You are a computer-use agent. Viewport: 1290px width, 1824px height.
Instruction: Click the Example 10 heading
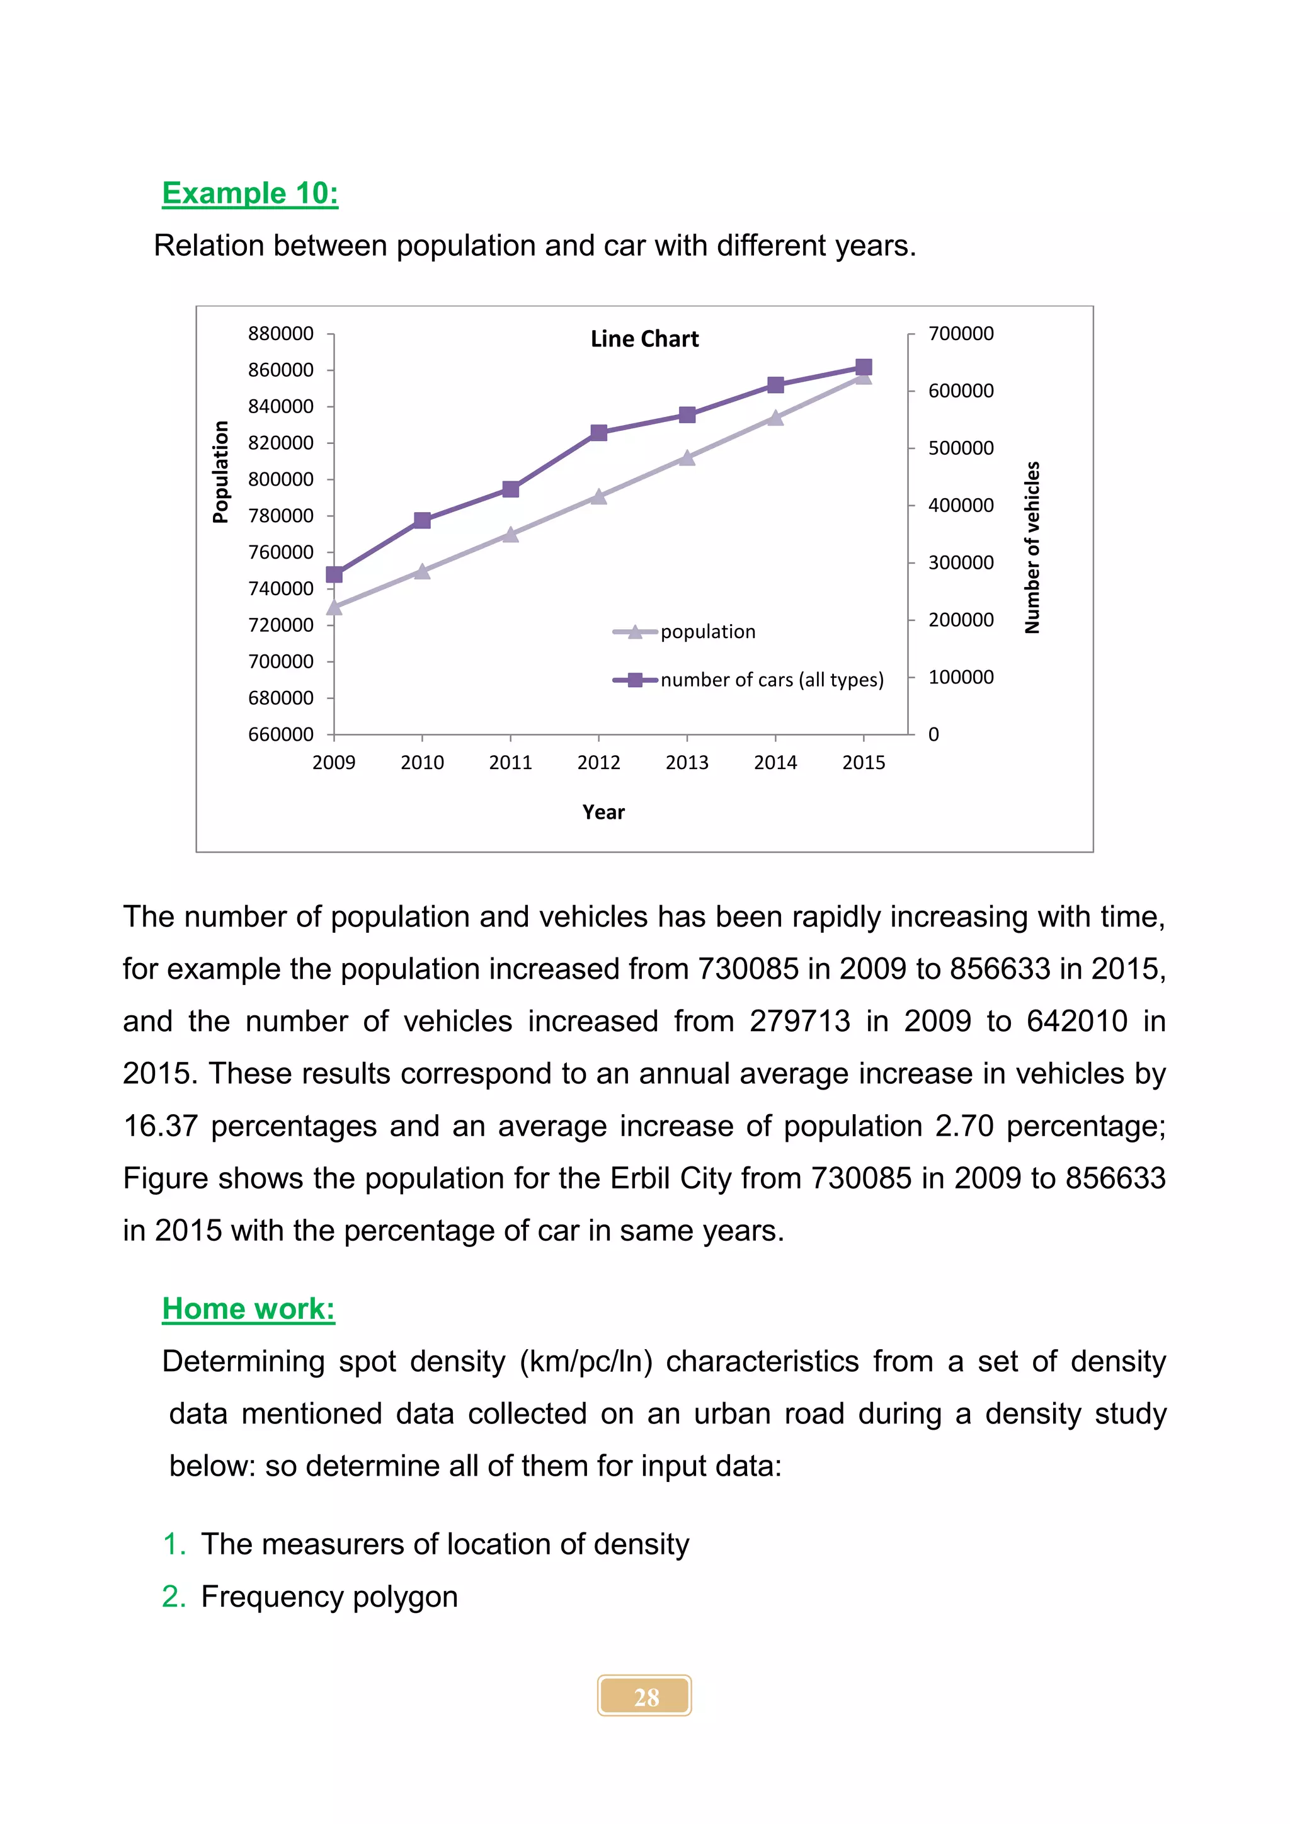[x=249, y=193]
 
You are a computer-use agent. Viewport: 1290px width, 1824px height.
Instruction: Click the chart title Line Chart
[x=644, y=339]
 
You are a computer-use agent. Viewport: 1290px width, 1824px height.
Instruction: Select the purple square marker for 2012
[x=599, y=433]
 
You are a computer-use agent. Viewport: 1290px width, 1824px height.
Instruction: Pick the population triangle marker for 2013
[x=687, y=458]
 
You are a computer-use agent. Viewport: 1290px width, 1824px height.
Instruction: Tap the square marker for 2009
[x=334, y=574]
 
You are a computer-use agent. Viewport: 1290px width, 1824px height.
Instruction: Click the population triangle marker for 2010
[x=422, y=571]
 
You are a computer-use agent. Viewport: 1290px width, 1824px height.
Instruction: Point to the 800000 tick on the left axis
[x=280, y=479]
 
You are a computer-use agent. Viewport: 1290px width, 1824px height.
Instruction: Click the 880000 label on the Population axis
[x=280, y=334]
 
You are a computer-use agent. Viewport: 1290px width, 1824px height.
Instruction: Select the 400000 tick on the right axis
[x=961, y=505]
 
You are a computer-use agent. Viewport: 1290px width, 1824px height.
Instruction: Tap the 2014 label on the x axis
[x=775, y=763]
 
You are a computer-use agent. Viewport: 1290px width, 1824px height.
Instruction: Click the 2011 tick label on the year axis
[x=510, y=763]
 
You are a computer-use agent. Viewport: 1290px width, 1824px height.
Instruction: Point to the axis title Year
[x=603, y=812]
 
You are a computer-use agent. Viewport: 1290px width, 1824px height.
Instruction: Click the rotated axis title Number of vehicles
[x=1032, y=547]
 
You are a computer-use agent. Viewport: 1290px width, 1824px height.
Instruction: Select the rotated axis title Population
[x=221, y=472]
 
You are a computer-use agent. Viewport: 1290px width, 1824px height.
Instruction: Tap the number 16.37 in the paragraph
[x=159, y=1126]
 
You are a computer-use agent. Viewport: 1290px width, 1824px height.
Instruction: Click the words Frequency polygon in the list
[x=329, y=1596]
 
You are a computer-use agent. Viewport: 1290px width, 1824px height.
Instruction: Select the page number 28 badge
[x=644, y=1696]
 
